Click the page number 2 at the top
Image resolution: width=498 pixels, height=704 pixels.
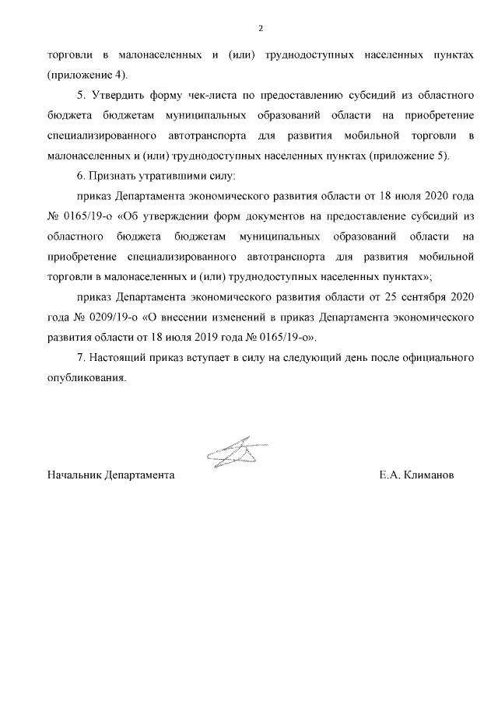261,29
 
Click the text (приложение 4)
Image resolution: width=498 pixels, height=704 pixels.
86,76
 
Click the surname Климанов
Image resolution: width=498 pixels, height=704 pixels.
427,474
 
